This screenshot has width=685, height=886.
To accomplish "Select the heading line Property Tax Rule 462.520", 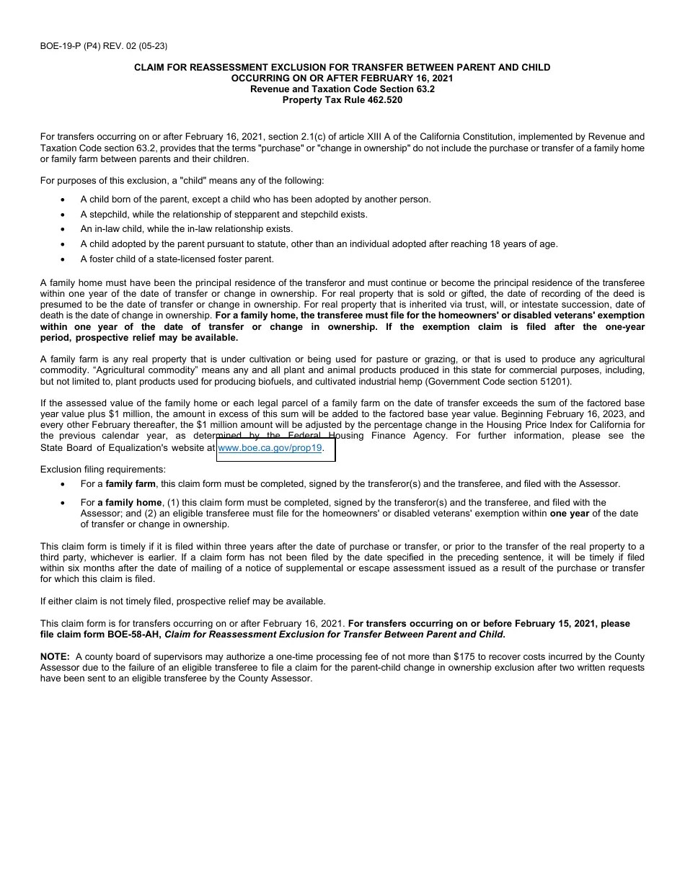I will click(x=342, y=100).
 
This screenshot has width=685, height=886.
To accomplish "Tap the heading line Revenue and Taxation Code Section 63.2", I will click(x=342, y=89).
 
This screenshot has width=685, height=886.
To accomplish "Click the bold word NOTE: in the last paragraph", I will click(x=55, y=657).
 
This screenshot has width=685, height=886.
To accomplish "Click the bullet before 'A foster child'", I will click(x=63, y=259).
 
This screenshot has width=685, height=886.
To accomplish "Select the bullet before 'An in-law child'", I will click(x=63, y=229).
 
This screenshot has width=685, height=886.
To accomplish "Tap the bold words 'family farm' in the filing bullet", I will click(x=131, y=484).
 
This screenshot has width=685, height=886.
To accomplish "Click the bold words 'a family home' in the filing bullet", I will click(x=130, y=503).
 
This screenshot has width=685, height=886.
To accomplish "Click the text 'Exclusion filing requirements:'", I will click(x=102, y=470).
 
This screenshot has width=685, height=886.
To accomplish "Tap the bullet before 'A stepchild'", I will click(x=63, y=215).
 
